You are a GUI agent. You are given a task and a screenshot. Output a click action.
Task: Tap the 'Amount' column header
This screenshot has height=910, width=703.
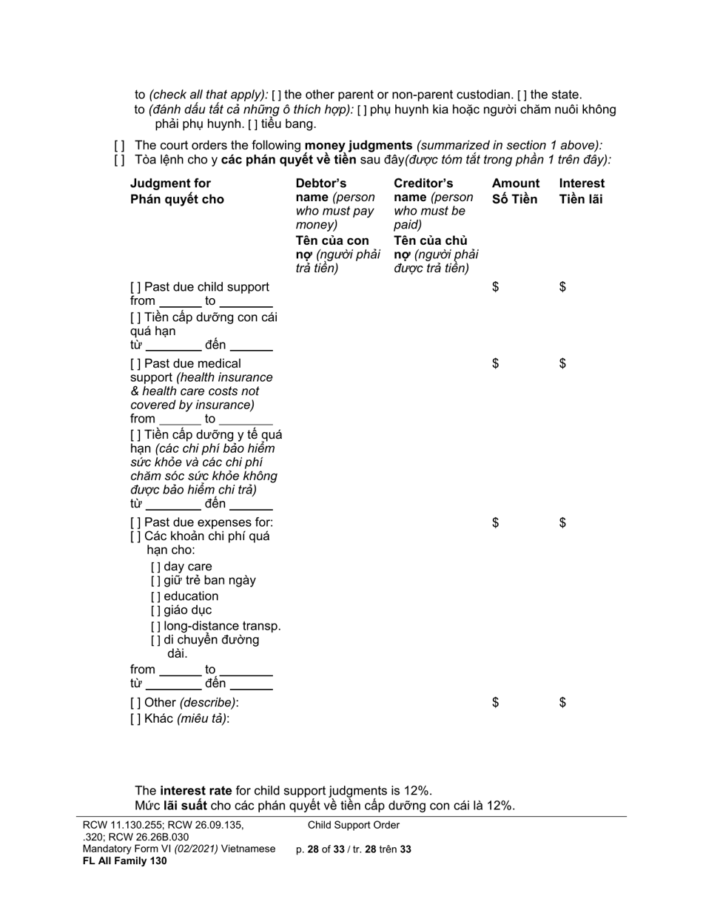coord(516,183)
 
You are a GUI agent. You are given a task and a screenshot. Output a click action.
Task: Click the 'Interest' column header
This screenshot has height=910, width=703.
coord(582,183)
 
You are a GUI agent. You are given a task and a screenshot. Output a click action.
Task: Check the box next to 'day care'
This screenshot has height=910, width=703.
coord(155,567)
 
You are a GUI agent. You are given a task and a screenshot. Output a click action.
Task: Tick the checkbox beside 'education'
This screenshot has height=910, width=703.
coord(155,596)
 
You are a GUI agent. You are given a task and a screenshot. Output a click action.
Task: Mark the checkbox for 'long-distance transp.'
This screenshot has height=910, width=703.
coord(155,626)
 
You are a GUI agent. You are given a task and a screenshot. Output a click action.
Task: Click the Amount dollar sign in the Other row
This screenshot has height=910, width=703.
coord(496,703)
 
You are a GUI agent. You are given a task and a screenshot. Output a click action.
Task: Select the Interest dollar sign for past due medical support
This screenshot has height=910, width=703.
coord(562,363)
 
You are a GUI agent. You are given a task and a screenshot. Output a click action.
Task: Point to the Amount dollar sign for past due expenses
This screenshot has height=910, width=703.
coord(496,523)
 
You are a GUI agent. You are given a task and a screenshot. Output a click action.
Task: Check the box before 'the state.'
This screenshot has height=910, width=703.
coord(522,95)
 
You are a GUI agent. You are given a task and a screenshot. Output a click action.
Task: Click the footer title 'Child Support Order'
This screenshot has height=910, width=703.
coord(354,825)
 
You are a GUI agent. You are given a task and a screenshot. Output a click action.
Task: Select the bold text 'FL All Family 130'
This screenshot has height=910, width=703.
coord(124,860)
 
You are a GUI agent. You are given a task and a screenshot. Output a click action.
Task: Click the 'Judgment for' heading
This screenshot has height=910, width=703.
coord(170,183)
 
